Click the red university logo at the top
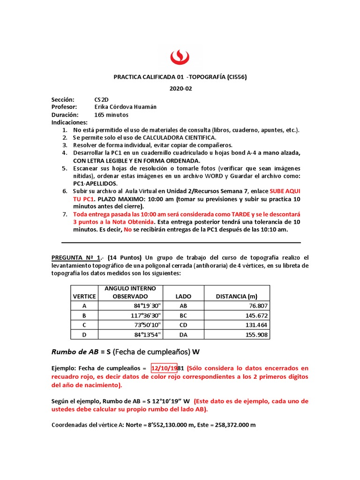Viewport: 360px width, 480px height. (180, 57)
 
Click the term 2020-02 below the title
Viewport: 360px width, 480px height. (180, 89)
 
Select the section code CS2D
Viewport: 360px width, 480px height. (101, 100)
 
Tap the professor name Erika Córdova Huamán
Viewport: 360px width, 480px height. (126, 107)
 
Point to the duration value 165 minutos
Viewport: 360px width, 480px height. (111, 115)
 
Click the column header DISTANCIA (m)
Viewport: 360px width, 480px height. (237, 296)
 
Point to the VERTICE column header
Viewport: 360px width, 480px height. (84, 296)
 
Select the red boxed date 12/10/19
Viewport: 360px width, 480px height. (164, 368)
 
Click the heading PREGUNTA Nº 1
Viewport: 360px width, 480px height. (76, 258)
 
